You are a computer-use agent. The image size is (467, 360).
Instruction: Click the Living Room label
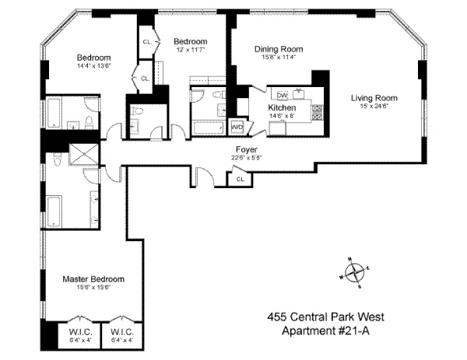(374, 98)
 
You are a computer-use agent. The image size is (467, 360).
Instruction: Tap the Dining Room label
(278, 49)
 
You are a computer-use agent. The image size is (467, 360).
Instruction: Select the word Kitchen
(282, 107)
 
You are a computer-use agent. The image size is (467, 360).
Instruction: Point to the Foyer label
(247, 149)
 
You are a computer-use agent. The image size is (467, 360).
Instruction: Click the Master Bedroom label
(93, 278)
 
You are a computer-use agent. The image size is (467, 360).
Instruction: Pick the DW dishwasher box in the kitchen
(283, 96)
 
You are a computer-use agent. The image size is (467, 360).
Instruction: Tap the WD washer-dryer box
(237, 127)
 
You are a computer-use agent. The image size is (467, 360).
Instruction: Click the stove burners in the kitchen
(317, 110)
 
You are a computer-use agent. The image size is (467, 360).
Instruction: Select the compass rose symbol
(354, 274)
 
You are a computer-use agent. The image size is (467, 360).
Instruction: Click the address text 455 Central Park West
(326, 316)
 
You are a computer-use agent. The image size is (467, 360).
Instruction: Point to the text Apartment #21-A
(326, 332)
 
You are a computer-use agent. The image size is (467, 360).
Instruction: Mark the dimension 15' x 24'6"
(374, 107)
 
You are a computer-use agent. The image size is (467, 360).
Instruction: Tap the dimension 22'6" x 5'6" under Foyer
(247, 158)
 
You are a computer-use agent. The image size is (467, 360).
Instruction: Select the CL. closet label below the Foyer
(241, 180)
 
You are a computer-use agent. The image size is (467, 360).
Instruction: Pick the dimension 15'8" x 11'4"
(278, 58)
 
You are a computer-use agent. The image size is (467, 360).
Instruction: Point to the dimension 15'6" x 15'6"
(93, 288)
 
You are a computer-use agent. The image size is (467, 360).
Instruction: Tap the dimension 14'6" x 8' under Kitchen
(282, 116)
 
